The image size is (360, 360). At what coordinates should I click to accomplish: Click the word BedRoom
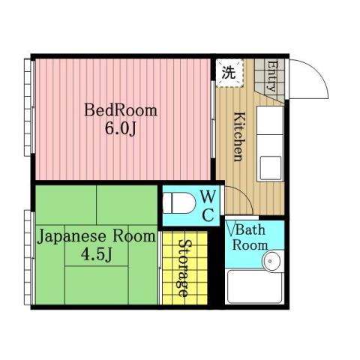coord(121,111)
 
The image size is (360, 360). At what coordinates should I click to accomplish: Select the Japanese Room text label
coord(95,236)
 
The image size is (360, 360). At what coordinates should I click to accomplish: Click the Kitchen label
coord(237,136)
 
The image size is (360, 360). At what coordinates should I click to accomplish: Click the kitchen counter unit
coord(270,142)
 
